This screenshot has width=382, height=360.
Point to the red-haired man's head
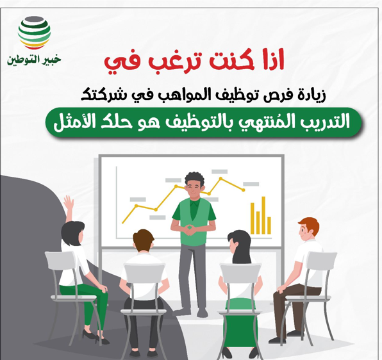(x=308, y=228)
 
